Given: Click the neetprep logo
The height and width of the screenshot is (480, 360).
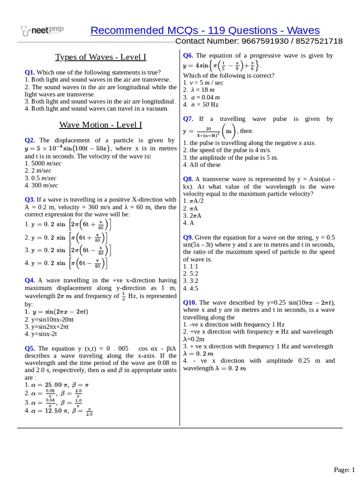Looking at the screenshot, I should tap(43, 31).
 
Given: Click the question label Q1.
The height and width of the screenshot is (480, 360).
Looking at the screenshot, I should tap(30, 72).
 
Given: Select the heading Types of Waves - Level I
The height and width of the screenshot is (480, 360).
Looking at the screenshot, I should tap(101, 57).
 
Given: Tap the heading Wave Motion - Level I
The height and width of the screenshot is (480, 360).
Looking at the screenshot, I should tap(101, 125).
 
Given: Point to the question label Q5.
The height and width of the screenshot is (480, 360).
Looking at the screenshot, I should tap(30, 348).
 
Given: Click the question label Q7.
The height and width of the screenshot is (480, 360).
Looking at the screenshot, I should tap(188, 119).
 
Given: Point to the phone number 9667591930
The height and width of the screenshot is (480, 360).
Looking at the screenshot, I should tap(255, 41).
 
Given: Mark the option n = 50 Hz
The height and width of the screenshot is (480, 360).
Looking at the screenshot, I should tap(203, 105).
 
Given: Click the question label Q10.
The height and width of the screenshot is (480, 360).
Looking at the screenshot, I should tap(190, 302).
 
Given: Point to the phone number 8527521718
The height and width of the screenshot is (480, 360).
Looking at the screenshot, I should tap(317, 41).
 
